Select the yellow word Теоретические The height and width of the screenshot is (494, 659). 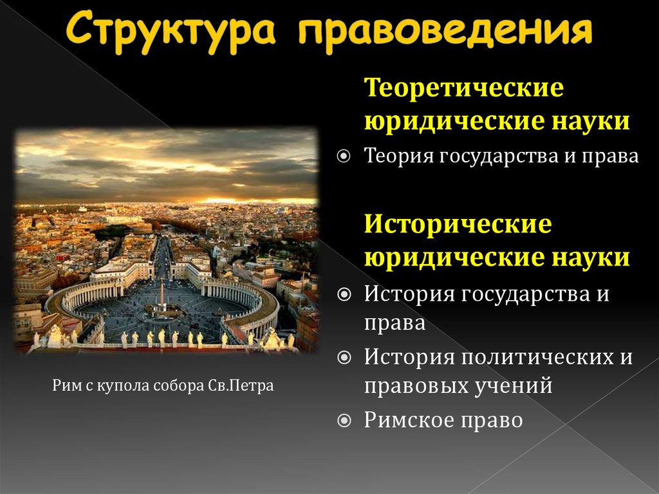[x=464, y=88]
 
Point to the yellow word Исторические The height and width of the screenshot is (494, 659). [x=458, y=225]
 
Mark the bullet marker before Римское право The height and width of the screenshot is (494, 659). [x=345, y=421]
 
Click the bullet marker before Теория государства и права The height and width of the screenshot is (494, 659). [x=345, y=157]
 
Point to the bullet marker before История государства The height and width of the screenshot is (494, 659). [x=345, y=294]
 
